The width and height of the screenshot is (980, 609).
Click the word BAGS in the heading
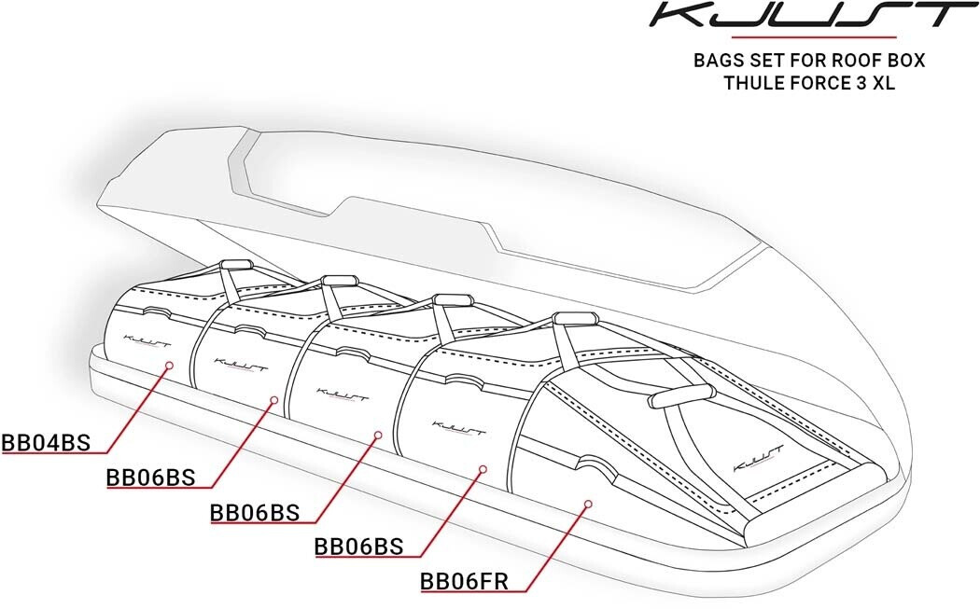click(x=718, y=61)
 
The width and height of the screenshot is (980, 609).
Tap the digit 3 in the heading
click(x=861, y=82)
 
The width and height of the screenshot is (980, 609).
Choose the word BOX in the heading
click(x=903, y=61)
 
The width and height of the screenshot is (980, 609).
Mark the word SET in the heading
click(x=766, y=61)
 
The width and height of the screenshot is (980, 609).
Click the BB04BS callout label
click(x=47, y=443)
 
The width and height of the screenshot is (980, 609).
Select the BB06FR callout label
click(x=464, y=582)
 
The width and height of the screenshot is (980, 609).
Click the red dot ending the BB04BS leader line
click(x=169, y=363)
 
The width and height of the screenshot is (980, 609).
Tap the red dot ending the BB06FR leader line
click(x=587, y=503)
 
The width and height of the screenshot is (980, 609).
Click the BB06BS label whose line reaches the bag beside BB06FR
click(x=358, y=547)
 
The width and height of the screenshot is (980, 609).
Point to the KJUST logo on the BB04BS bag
click(x=147, y=341)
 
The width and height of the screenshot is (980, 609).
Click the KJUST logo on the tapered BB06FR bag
click(x=758, y=459)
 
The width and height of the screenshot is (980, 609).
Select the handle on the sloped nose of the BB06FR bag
click(x=683, y=395)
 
